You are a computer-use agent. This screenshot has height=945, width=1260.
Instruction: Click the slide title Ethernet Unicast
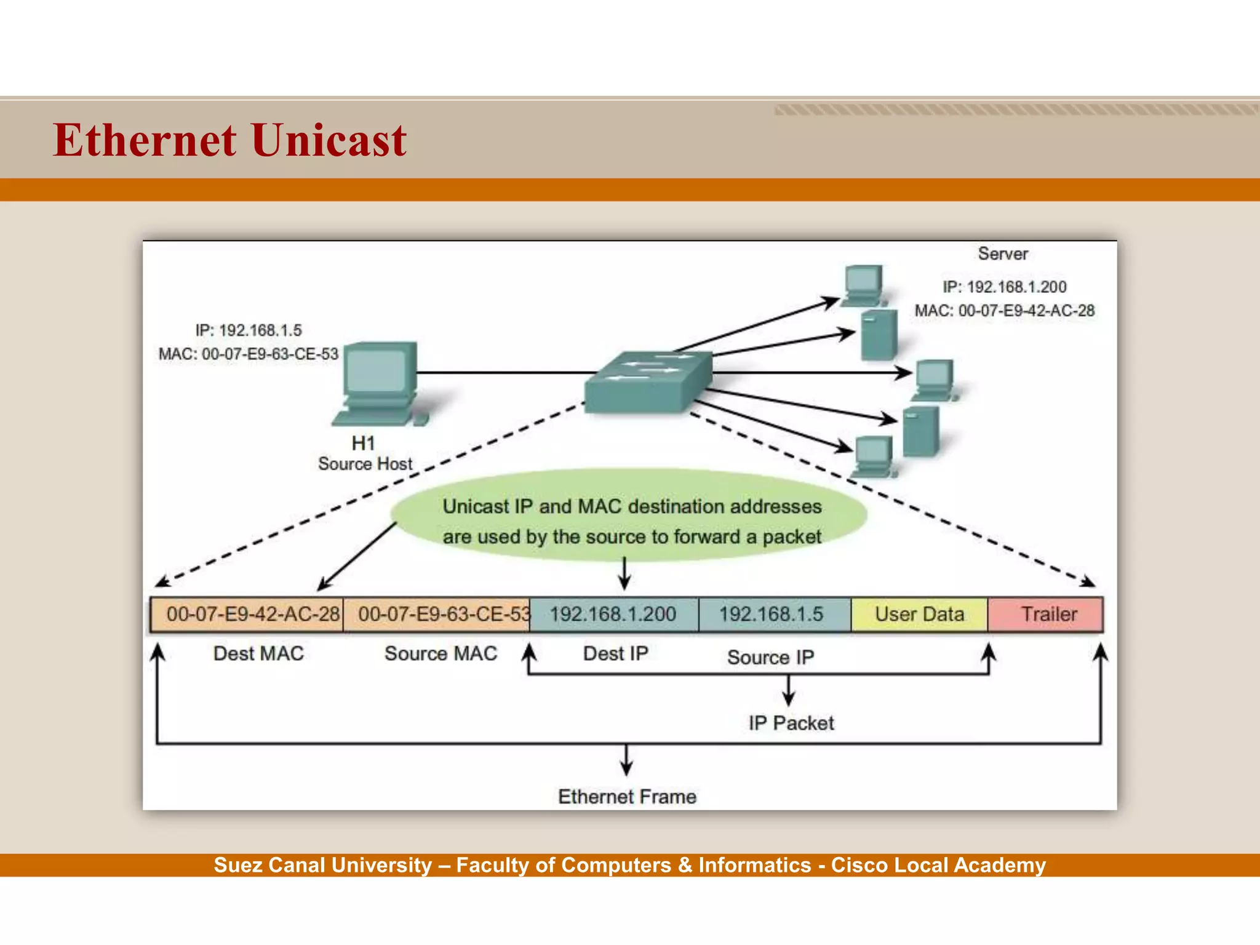click(229, 140)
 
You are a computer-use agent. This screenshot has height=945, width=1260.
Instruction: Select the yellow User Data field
click(919, 614)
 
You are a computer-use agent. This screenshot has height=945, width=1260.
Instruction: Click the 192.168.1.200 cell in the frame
click(613, 614)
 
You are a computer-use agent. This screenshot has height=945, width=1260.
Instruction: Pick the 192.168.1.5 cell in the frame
click(774, 614)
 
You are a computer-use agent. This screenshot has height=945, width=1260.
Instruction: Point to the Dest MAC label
click(258, 653)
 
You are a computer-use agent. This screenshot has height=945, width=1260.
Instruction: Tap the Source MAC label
click(441, 653)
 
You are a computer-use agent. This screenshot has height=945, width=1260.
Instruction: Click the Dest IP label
click(615, 653)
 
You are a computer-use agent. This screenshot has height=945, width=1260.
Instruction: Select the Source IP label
click(770, 657)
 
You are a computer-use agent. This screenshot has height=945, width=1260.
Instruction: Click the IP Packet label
click(791, 723)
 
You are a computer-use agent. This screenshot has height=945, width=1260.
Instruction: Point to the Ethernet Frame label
click(627, 797)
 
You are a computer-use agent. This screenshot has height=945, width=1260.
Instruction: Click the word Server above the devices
click(1003, 253)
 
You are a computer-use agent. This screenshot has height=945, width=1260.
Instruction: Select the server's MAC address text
click(1005, 311)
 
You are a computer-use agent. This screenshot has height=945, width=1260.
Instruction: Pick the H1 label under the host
click(363, 443)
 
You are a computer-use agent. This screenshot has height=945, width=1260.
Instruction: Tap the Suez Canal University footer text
click(629, 865)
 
